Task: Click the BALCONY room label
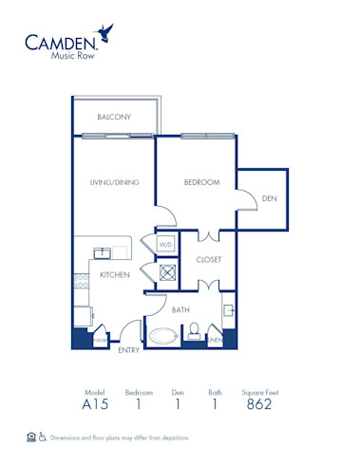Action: [114, 117]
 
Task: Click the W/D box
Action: [165, 244]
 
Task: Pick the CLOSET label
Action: [208, 258]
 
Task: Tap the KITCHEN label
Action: [114, 275]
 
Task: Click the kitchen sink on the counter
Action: [102, 252]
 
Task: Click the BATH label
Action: [180, 309]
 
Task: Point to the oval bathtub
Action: [164, 336]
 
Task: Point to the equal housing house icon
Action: [32, 437]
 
